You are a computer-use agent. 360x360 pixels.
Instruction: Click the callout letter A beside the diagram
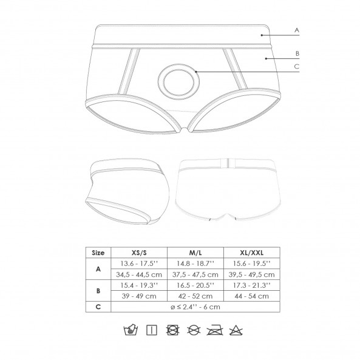[297, 30]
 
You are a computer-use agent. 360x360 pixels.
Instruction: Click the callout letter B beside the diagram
[297, 53]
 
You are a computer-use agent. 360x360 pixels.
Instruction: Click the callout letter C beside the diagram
[297, 67]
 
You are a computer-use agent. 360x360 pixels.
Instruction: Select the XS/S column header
[139, 253]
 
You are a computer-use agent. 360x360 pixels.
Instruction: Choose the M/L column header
[195, 253]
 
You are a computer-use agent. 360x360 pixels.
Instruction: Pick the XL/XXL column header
[251, 253]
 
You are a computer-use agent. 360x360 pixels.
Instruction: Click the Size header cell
[98, 253]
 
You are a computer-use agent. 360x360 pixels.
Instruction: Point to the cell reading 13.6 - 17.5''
[139, 263]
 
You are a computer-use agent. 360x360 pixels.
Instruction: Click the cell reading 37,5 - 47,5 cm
[195, 274]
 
